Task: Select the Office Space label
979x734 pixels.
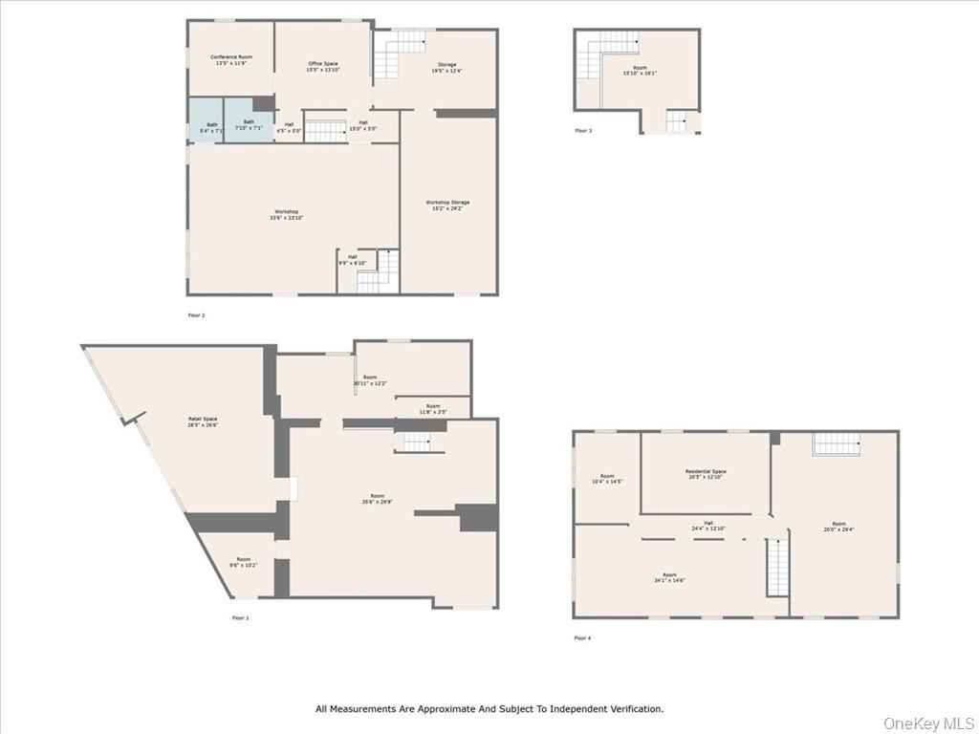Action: (322, 67)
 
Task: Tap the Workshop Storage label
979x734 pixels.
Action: (447, 205)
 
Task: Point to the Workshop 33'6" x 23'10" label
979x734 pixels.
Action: (286, 215)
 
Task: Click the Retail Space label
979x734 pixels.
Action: (203, 422)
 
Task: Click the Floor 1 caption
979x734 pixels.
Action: (240, 618)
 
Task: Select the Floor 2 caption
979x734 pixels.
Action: (196, 314)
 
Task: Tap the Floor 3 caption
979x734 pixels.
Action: (583, 130)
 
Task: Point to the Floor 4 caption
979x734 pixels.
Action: (582, 637)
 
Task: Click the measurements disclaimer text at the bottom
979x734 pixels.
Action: (489, 709)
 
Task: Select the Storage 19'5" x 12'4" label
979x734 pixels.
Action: (446, 68)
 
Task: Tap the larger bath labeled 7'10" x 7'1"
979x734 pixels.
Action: (249, 124)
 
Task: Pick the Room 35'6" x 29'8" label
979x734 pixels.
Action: (378, 499)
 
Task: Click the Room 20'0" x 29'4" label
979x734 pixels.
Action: (838, 527)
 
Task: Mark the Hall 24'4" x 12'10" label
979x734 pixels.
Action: (708, 526)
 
